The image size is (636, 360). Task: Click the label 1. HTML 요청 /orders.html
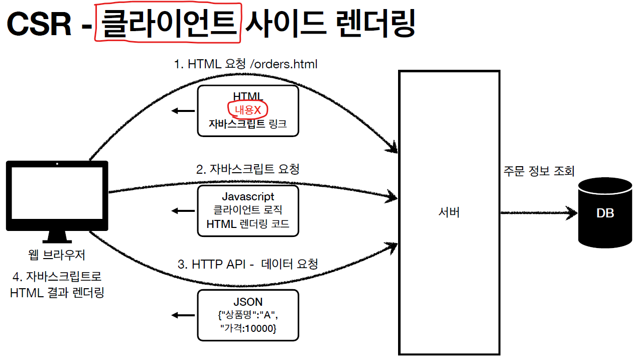[245, 64]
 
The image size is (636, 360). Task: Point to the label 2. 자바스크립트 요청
[248, 169]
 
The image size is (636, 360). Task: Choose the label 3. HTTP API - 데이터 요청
[248, 264]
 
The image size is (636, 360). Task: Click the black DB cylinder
[605, 213]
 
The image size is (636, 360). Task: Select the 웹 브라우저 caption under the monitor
[57, 255]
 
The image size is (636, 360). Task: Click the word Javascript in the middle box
[248, 197]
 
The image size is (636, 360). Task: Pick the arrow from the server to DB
[537, 213]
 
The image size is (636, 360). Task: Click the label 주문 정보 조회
[539, 171]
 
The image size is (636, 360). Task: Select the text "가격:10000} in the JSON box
[248, 329]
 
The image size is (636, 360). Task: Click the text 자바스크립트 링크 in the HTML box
[248, 124]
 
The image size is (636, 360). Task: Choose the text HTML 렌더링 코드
[248, 224]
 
